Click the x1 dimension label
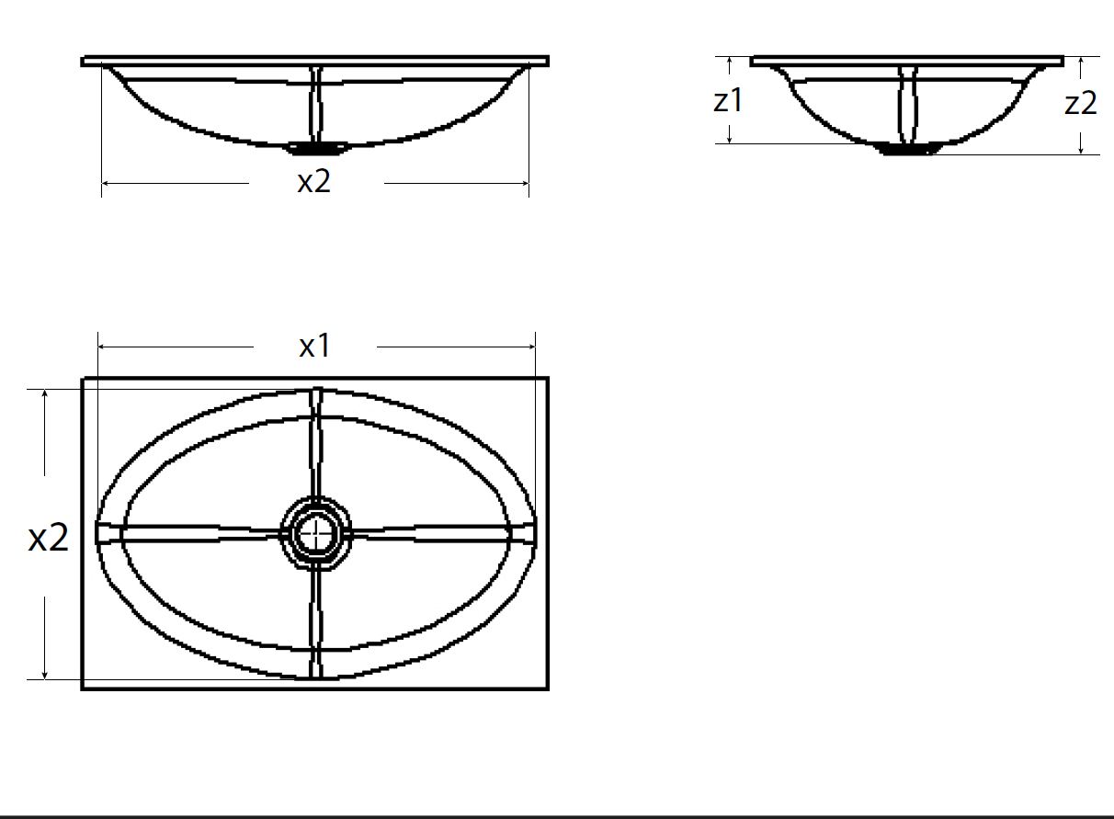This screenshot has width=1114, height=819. point(314,347)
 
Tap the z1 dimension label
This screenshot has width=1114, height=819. point(728,101)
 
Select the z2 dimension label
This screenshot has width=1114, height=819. point(1081,104)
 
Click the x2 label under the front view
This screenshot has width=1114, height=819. point(314,182)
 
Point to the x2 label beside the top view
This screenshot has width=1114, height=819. point(48,538)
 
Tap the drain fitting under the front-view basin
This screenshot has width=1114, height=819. point(315,147)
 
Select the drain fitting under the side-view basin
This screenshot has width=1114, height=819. point(908,148)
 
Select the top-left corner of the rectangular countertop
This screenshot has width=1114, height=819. point(83,378)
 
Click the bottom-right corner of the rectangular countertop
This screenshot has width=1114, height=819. point(548,688)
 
